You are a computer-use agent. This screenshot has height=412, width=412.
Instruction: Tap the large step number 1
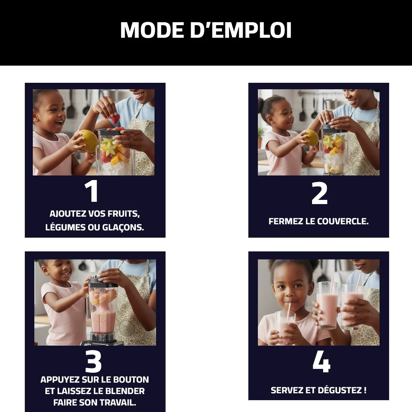[x=92, y=192]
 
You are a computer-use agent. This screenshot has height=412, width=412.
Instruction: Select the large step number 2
[x=319, y=193]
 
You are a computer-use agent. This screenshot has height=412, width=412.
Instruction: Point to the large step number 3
[x=93, y=361]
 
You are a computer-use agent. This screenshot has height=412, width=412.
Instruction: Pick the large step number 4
[x=321, y=361]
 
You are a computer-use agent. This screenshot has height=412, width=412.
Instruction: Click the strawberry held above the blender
[x=115, y=119]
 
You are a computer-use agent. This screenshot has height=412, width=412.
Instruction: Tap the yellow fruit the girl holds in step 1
[x=89, y=140]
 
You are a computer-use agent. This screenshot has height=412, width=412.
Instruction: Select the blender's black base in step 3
[x=102, y=342]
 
